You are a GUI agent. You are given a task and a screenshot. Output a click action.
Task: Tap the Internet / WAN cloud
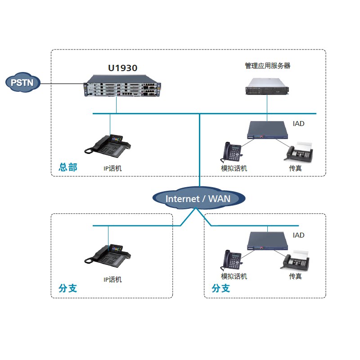coord(199,198)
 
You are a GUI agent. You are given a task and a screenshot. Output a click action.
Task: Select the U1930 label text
coord(122,68)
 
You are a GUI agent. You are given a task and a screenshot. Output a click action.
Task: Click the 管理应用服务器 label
coord(267,66)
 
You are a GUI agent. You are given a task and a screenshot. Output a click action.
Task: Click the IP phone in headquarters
coord(108,146)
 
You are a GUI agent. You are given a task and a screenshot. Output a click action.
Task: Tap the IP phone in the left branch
coord(108,254)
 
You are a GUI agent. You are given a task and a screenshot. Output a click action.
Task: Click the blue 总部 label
coord(68,167)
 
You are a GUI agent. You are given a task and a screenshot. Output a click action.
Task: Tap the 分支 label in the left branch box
coord(68,288)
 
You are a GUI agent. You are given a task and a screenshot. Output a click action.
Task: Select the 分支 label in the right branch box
coord(221,288)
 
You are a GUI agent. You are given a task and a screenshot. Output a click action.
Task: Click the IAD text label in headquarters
coord(298,123)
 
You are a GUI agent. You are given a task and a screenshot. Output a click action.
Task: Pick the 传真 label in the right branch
coord(295,276)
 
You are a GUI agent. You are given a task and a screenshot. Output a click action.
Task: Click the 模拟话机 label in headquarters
coord(234,168)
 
